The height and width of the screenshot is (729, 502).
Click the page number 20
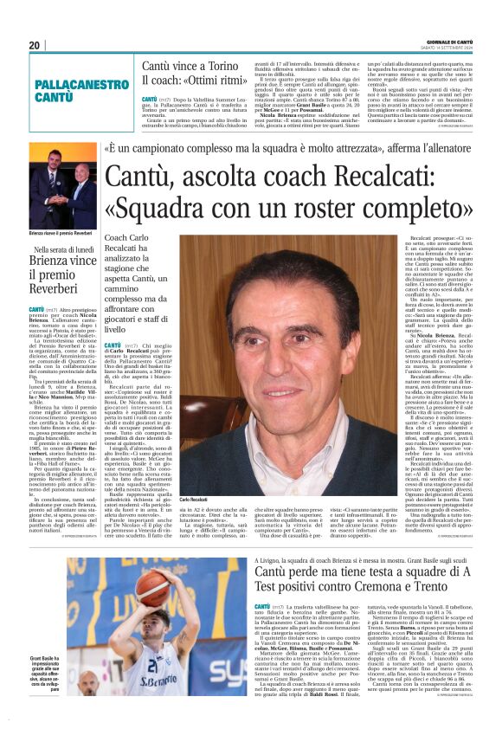(35, 45)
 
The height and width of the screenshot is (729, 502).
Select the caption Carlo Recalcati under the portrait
(194, 500)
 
